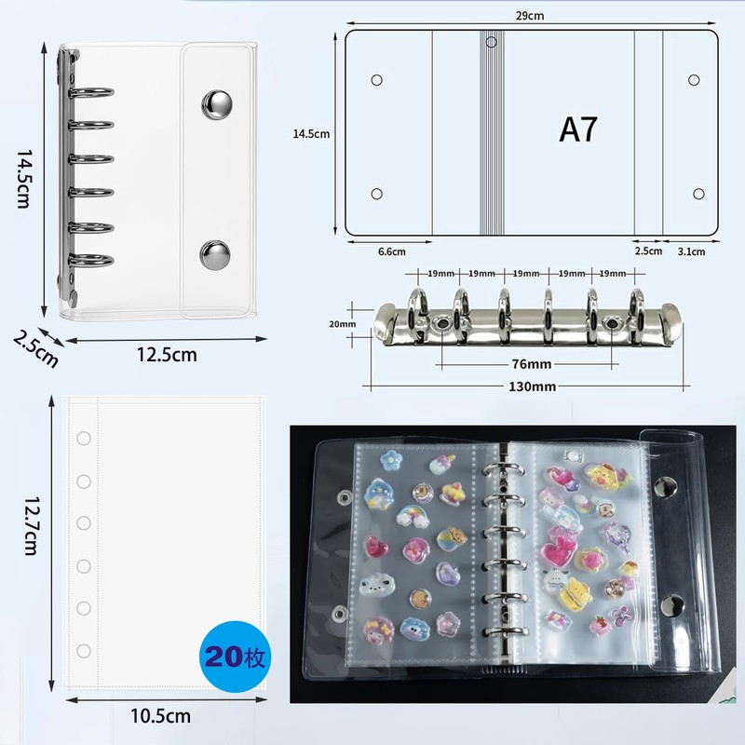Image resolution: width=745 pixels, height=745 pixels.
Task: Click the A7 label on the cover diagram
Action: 577,129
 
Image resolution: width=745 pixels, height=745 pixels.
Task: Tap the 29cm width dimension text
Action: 530,16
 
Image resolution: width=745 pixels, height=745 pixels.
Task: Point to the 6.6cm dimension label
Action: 391,251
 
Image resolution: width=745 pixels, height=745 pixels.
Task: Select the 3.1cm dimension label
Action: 691,251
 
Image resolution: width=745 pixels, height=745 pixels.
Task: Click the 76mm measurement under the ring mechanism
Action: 532,364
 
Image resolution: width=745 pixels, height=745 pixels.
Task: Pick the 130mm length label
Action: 532,386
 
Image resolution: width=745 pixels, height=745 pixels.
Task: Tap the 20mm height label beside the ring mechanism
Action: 342,324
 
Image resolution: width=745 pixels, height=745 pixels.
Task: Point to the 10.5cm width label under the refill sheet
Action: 160,716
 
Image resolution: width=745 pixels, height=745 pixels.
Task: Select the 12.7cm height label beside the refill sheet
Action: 32,526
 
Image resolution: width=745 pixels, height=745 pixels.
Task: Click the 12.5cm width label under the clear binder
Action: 167,355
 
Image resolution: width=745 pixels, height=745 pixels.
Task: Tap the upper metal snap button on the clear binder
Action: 217,104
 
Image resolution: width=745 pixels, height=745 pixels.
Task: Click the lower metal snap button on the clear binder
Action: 215,254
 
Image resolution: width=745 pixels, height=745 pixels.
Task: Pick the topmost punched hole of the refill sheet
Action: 84,438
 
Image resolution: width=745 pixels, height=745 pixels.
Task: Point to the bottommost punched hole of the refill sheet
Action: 84,651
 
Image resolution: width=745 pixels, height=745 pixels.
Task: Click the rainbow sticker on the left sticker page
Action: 411,517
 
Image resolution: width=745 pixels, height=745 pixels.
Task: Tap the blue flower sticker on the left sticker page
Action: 391,461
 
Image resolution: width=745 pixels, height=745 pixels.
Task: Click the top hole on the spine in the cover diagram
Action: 492,42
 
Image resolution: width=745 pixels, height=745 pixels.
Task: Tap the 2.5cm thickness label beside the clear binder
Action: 35,349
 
